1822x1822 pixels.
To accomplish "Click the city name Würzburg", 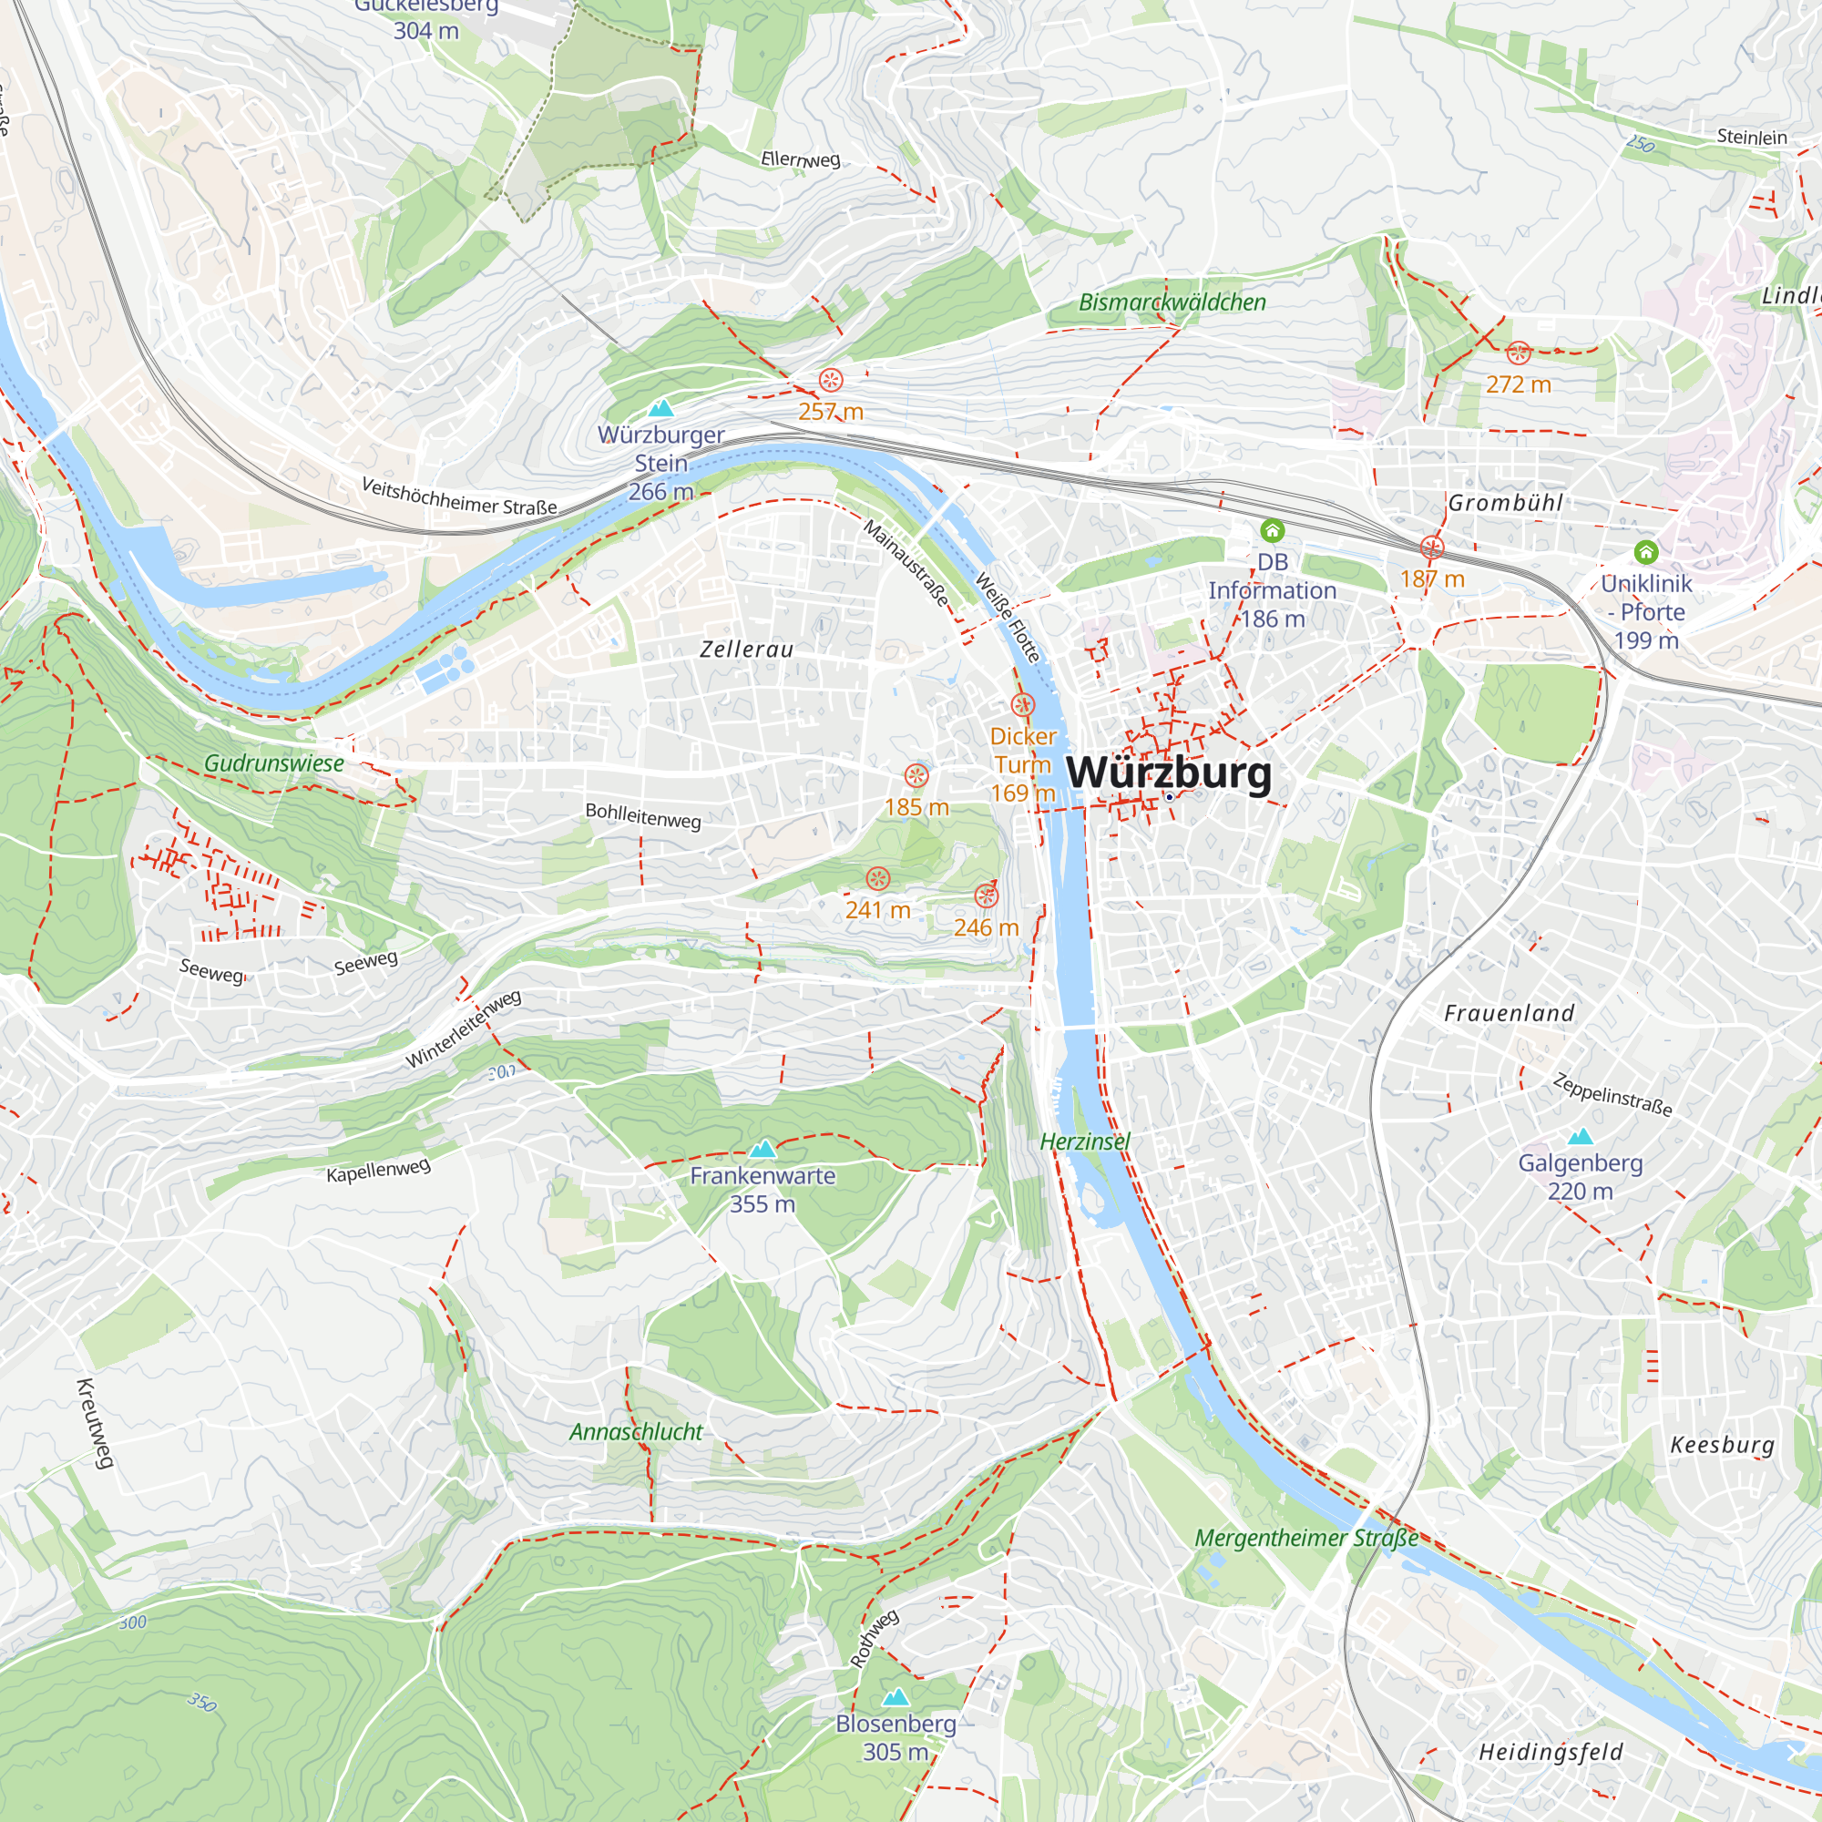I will pyautogui.click(x=1169, y=773).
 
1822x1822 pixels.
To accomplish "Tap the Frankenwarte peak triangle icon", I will pyautogui.click(x=762, y=1149).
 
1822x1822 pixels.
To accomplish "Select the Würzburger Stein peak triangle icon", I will pyautogui.click(x=661, y=408).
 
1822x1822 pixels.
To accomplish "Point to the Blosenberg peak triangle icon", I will pyautogui.click(x=895, y=1697).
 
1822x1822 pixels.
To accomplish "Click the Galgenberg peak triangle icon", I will pyautogui.click(x=1580, y=1136).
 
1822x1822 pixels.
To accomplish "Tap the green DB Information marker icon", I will pyautogui.click(x=1272, y=531).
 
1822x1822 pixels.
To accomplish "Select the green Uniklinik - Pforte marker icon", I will pyautogui.click(x=1645, y=552).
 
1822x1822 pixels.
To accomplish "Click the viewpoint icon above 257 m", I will pyautogui.click(x=831, y=380).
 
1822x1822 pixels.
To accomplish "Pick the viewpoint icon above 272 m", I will pyautogui.click(x=1519, y=353).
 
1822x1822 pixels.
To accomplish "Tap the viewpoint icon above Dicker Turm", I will pyautogui.click(x=1023, y=704).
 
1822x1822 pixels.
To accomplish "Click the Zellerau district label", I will pyautogui.click(x=747, y=649).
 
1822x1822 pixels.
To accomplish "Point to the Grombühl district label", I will pyautogui.click(x=1505, y=503).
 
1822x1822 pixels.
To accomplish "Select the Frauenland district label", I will pyautogui.click(x=1509, y=1013).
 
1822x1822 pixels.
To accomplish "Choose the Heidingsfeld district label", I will pyautogui.click(x=1551, y=1752).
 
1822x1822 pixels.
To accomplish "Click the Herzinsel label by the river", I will pyautogui.click(x=1084, y=1141).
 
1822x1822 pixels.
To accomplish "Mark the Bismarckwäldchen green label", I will pyautogui.click(x=1172, y=302).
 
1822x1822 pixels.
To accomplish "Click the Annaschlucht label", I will pyautogui.click(x=636, y=1431).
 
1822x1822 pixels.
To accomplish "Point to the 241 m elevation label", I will pyautogui.click(x=878, y=910).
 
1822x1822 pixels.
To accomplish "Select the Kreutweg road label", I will pyautogui.click(x=95, y=1423).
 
